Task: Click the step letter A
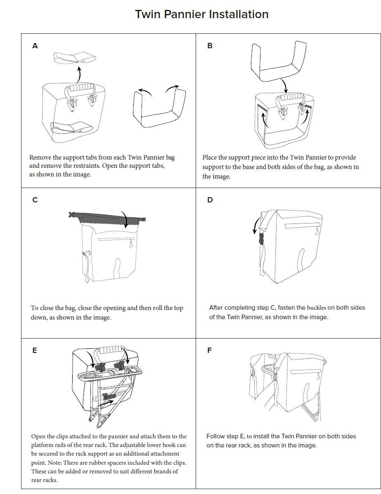(x=35, y=46)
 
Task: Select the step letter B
(x=210, y=46)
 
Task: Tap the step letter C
(x=35, y=200)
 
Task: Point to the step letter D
(x=210, y=200)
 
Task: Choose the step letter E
(x=35, y=351)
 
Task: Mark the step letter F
(x=209, y=351)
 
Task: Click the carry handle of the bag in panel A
(x=82, y=88)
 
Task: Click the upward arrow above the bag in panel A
(x=79, y=75)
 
